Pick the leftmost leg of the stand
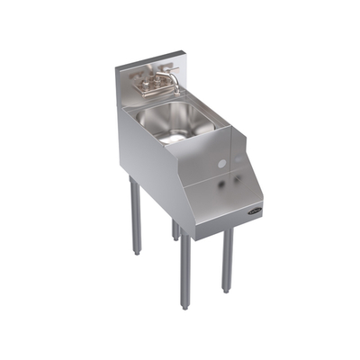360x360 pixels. point(135,216)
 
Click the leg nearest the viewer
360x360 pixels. point(184,270)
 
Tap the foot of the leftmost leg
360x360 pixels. point(136,252)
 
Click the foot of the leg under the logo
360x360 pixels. point(228,289)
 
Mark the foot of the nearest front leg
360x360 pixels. point(185,306)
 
